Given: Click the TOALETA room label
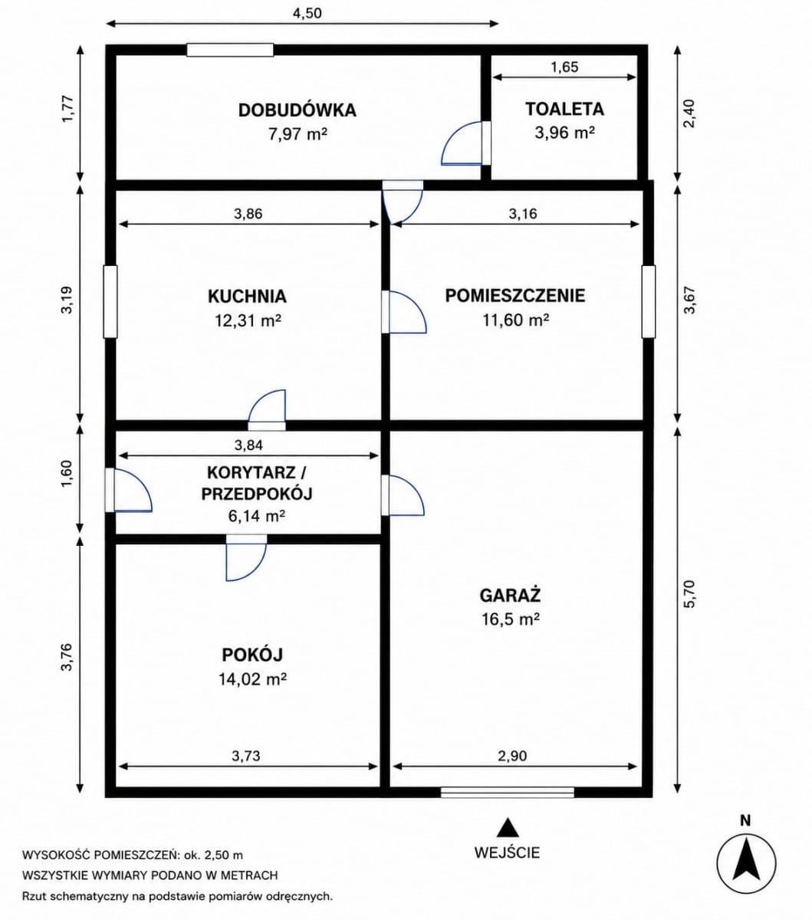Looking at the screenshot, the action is [564, 110].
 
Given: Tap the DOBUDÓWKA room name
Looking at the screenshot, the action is [297, 110].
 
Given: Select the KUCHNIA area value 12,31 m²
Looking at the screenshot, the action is [248, 321].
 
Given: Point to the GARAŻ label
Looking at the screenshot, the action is [510, 595].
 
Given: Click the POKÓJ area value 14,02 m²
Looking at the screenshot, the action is [252, 679].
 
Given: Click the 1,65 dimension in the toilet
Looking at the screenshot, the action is [564, 67].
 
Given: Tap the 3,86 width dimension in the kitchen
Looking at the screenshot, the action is [248, 213].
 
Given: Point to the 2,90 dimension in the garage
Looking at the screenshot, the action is [513, 756].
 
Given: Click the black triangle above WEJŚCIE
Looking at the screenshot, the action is [508, 827].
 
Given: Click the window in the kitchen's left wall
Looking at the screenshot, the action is [110, 302].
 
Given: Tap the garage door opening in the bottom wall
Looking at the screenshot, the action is [508, 793].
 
